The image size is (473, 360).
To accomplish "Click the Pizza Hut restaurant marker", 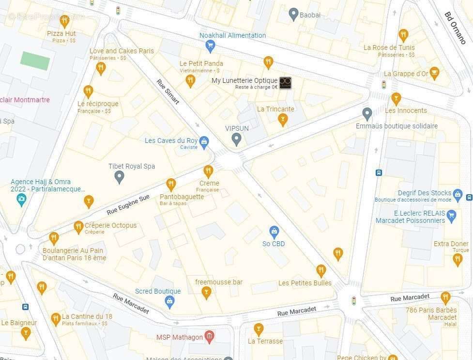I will pos(64,20).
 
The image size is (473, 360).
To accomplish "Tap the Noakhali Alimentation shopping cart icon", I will pos(210,46).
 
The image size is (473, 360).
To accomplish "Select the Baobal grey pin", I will pos(293,14).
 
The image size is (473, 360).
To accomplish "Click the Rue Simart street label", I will pos(168,92).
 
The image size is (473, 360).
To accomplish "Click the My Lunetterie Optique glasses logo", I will pos(285,83).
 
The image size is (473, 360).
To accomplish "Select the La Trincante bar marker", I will pos(283,119).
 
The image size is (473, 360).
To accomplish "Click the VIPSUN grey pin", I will pos(236,140).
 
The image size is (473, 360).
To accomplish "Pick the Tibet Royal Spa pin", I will pos(119,177).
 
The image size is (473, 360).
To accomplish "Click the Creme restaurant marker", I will pos(208,171).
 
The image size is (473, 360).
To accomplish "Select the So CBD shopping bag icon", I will pos(274,232).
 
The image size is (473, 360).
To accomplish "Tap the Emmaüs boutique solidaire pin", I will pos(367,114).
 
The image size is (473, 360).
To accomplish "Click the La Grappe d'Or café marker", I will pos(434,74).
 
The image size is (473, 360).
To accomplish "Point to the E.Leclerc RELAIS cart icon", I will pos(452,216).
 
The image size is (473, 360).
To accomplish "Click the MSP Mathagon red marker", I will pos(209,336).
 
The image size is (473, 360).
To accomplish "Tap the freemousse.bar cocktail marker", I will pos(207,292).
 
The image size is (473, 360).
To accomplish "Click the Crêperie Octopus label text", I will pos(110,225).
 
